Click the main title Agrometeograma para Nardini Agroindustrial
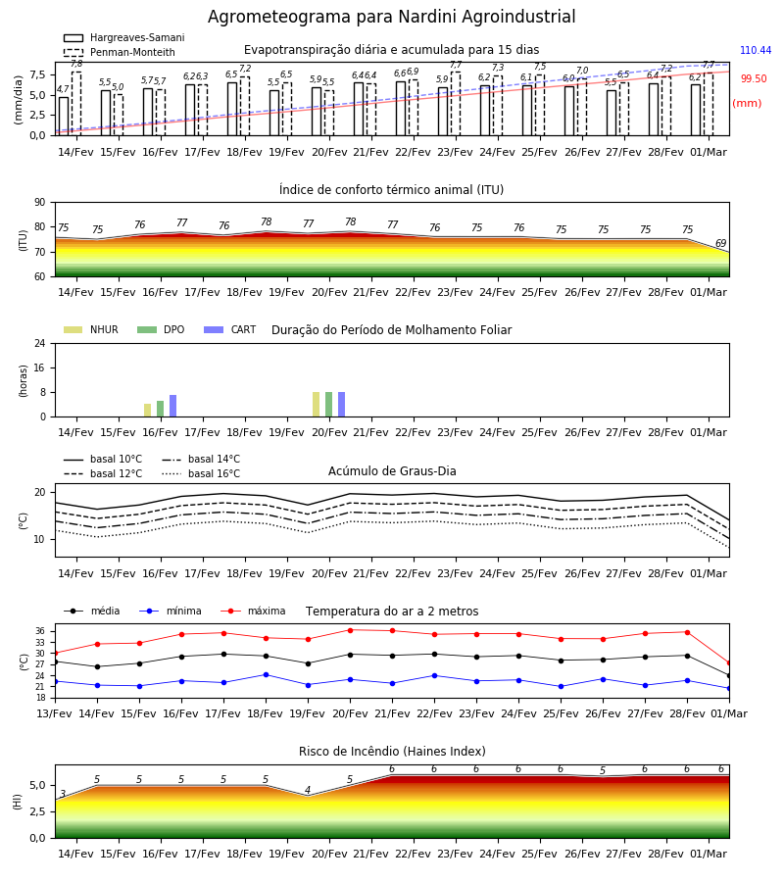tap(391, 17)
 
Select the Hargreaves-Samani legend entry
tap(123, 37)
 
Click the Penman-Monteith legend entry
tap(120, 52)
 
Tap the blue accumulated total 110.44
tap(756, 50)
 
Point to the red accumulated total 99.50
tap(754, 78)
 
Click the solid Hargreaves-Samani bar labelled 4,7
tap(64, 117)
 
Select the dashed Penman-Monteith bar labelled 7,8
tap(76, 104)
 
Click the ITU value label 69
tap(720, 243)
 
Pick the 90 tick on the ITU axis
tap(40, 203)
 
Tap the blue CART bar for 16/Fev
tap(172, 406)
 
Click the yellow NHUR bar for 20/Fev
tap(317, 405)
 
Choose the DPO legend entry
tap(161, 329)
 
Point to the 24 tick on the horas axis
tap(40, 344)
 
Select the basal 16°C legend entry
tap(201, 473)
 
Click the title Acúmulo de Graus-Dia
tap(392, 471)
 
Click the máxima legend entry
tap(253, 611)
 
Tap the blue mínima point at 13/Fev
tap(55, 681)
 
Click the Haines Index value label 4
tap(308, 790)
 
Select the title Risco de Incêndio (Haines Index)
tap(392, 752)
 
